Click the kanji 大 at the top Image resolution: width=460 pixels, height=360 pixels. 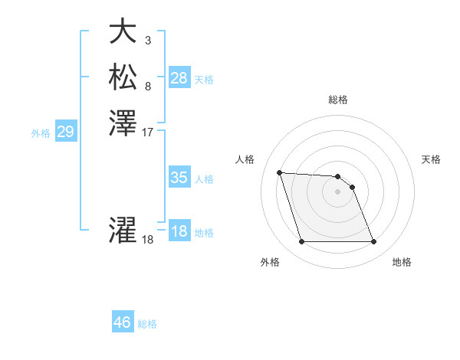click(123, 31)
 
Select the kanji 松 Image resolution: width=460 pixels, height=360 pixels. click(123, 77)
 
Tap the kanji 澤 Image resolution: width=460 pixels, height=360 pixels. click(123, 123)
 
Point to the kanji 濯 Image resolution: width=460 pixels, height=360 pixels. click(123, 231)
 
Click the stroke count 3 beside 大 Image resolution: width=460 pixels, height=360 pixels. click(147, 40)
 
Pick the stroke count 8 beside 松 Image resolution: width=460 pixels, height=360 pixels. click(147, 86)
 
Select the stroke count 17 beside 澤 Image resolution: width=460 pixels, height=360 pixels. click(149, 132)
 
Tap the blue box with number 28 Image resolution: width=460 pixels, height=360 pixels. click(179, 77)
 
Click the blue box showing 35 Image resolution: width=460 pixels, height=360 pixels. click(179, 178)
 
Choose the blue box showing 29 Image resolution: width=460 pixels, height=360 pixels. click(65, 132)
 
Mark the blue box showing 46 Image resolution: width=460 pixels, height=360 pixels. click(123, 322)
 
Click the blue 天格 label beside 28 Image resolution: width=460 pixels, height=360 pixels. click(204, 79)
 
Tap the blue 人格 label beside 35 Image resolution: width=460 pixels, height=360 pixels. click(204, 179)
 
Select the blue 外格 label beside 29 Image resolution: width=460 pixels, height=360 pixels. click(41, 133)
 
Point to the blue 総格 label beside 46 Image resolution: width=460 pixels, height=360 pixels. click(147, 324)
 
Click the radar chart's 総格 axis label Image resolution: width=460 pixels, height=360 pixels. click(338, 100)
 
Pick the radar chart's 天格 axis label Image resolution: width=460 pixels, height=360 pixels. click(432, 159)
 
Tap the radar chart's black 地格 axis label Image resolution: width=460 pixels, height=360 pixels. click(402, 263)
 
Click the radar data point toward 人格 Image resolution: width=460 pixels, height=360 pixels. click(279, 172)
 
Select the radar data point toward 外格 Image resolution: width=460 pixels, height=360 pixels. click(301, 242)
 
